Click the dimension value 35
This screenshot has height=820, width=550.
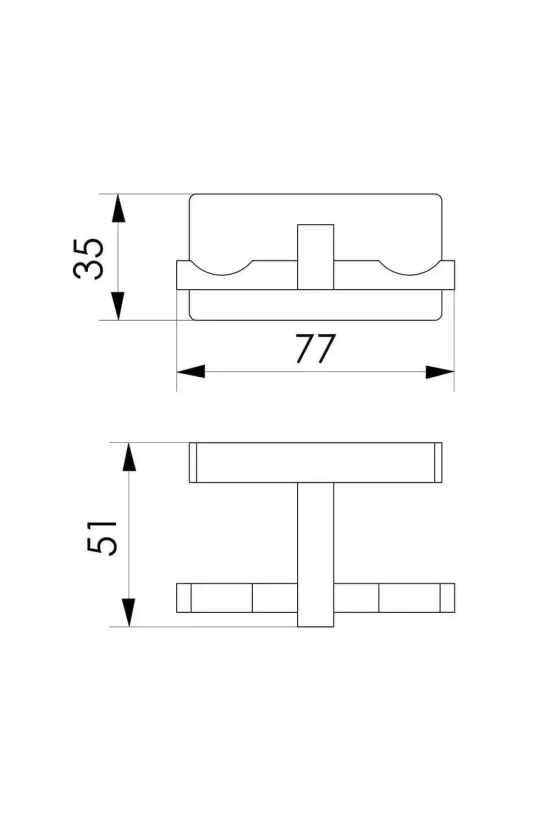click(x=88, y=258)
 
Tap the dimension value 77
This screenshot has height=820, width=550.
click(x=315, y=348)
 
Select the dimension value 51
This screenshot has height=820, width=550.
click(x=102, y=538)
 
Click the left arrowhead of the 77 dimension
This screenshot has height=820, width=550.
click(x=191, y=372)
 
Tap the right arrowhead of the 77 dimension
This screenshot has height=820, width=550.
click(x=440, y=372)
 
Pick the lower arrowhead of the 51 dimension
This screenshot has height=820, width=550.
click(x=129, y=612)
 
